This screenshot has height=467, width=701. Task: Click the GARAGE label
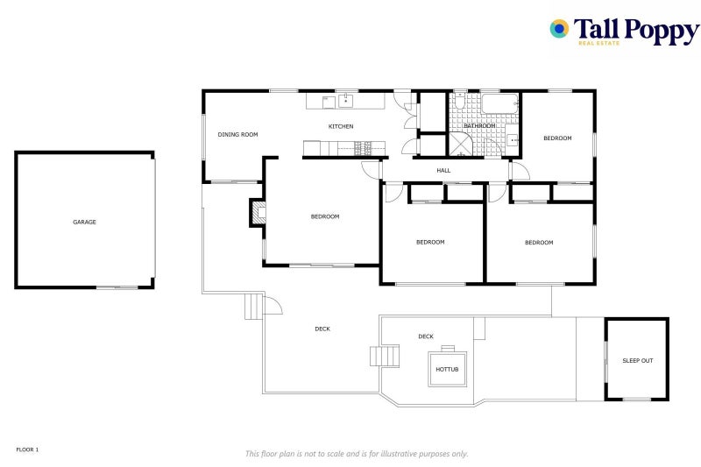(84, 222)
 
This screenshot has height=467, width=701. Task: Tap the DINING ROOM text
(237, 134)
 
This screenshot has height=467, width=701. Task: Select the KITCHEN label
(341, 126)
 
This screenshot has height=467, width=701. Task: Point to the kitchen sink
(346, 100)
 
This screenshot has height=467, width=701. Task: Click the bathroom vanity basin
(513, 140)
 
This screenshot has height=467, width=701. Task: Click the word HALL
(443, 170)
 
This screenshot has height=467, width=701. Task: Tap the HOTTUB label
(447, 370)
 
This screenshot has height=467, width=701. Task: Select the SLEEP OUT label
(637, 360)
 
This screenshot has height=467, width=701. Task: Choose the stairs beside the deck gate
(252, 306)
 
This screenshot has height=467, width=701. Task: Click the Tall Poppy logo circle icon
(559, 29)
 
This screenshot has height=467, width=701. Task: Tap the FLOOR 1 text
(27, 449)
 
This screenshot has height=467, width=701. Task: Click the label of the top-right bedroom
(557, 138)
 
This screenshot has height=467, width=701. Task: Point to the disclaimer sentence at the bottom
(356, 453)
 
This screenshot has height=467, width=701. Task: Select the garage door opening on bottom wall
(117, 287)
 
